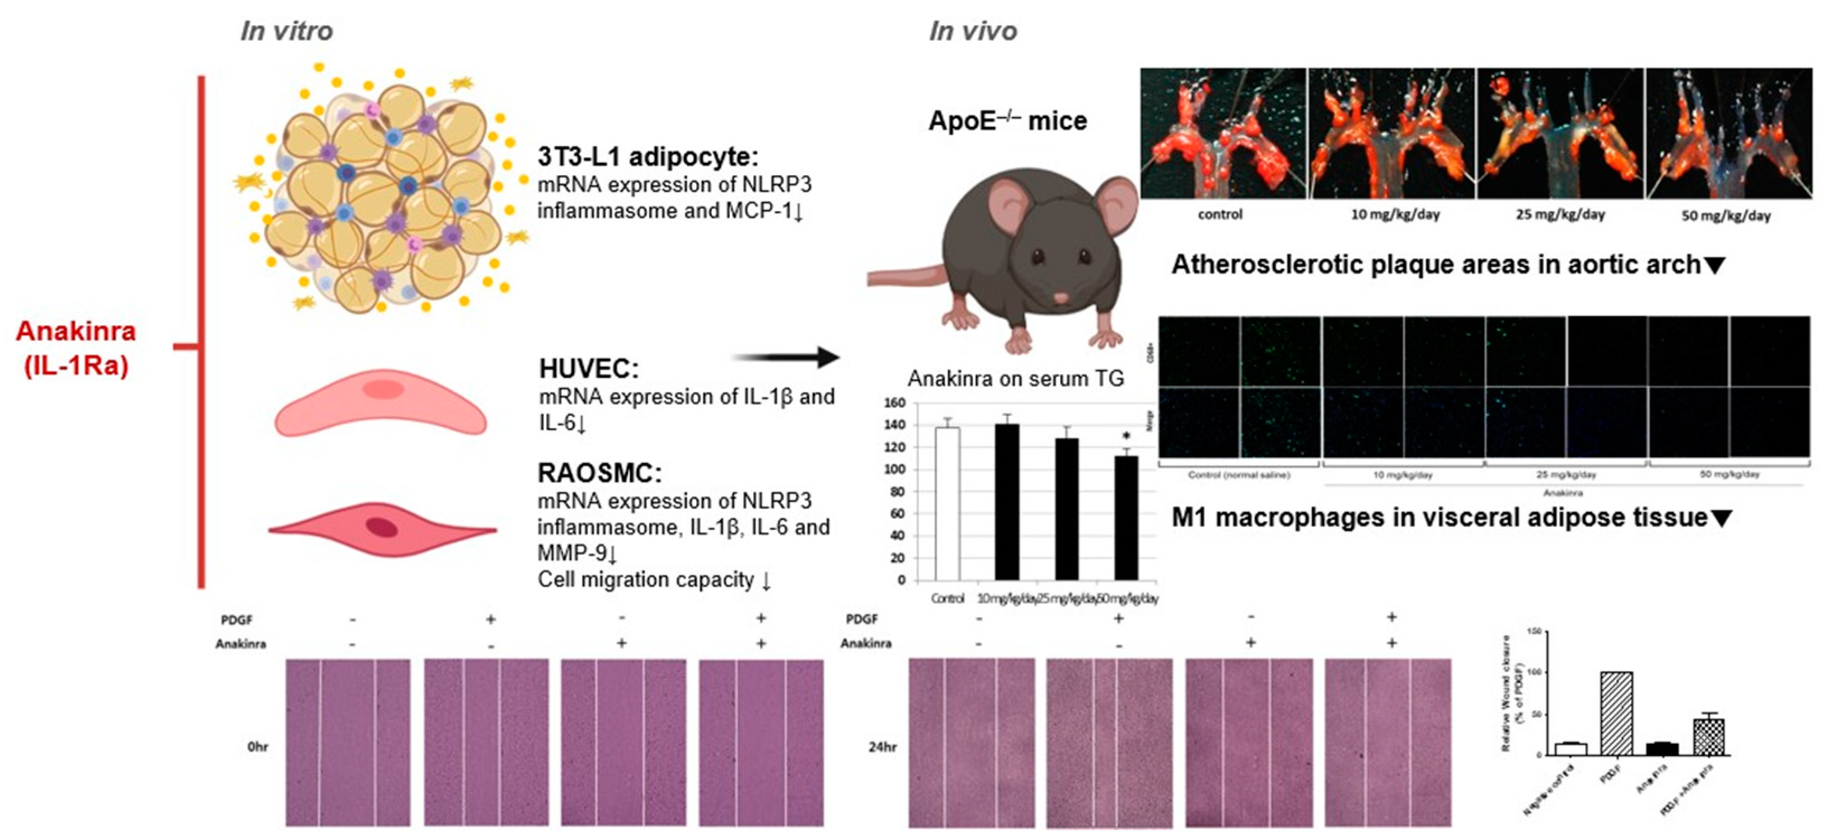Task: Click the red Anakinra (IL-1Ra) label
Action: pyautogui.click(x=76, y=348)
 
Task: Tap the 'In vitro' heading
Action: pyautogui.click(x=286, y=31)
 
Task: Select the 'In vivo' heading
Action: pyautogui.click(x=973, y=31)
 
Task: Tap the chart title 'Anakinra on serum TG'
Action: pyautogui.click(x=1015, y=378)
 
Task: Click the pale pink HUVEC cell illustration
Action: pyautogui.click(x=381, y=402)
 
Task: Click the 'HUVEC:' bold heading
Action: pyautogui.click(x=589, y=369)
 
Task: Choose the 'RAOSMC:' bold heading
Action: pyautogui.click(x=599, y=473)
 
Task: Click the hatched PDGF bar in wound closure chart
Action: pyautogui.click(x=1616, y=713)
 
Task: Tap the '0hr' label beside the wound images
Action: pyautogui.click(x=258, y=747)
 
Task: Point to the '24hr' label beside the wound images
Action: pyautogui.click(x=883, y=747)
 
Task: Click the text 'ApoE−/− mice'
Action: pyautogui.click(x=1007, y=121)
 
